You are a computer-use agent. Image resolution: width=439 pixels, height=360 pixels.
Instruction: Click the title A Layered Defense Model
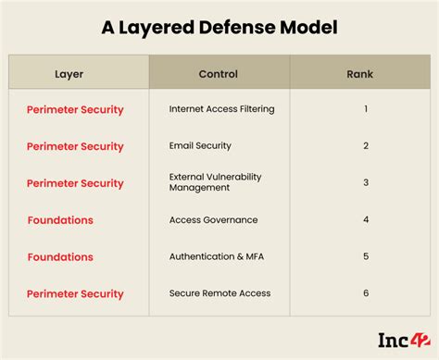tap(219, 28)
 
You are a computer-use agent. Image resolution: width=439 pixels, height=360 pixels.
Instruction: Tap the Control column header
tap(219, 74)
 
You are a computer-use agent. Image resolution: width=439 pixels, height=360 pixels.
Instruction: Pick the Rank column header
tap(360, 74)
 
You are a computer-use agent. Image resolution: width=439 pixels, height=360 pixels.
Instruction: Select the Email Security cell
tap(200, 146)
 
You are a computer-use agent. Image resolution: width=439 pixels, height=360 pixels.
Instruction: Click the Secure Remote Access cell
tap(219, 293)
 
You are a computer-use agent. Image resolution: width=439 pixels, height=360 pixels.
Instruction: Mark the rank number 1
tap(366, 109)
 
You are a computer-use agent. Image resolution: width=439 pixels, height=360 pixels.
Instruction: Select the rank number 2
tap(366, 146)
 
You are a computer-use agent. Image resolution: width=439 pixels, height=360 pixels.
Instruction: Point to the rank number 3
tap(366, 182)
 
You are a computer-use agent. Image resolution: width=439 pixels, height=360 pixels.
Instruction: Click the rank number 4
tap(366, 220)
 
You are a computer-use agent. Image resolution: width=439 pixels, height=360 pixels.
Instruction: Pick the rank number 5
tap(366, 256)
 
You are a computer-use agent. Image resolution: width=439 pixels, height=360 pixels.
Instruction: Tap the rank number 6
tap(366, 293)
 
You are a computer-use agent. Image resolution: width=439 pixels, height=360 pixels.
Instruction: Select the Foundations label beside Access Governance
tap(60, 220)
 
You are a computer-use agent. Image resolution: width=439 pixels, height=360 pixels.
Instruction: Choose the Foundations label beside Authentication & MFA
tap(60, 256)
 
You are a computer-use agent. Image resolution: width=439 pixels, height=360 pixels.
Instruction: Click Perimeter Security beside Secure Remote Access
tap(75, 293)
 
